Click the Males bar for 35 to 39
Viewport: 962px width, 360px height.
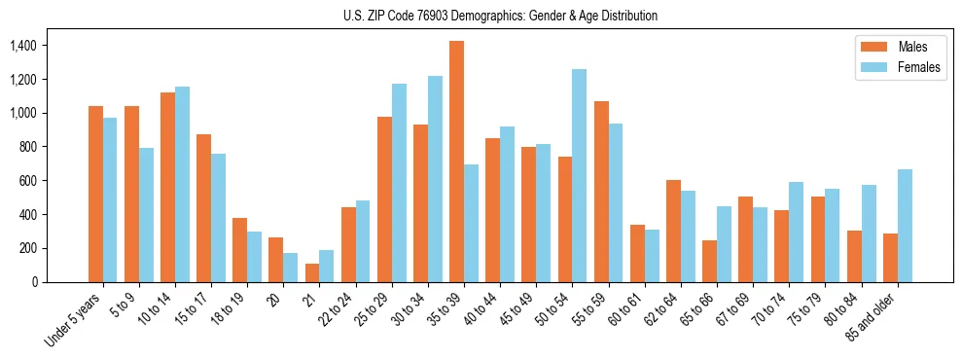pyautogui.click(x=456, y=162)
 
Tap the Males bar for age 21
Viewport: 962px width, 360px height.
pyautogui.click(x=312, y=272)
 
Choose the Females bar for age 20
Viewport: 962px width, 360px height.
pyautogui.click(x=291, y=268)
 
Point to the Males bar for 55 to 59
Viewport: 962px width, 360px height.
pyautogui.click(x=601, y=192)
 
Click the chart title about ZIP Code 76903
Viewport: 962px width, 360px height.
pyautogui.click(x=500, y=16)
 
